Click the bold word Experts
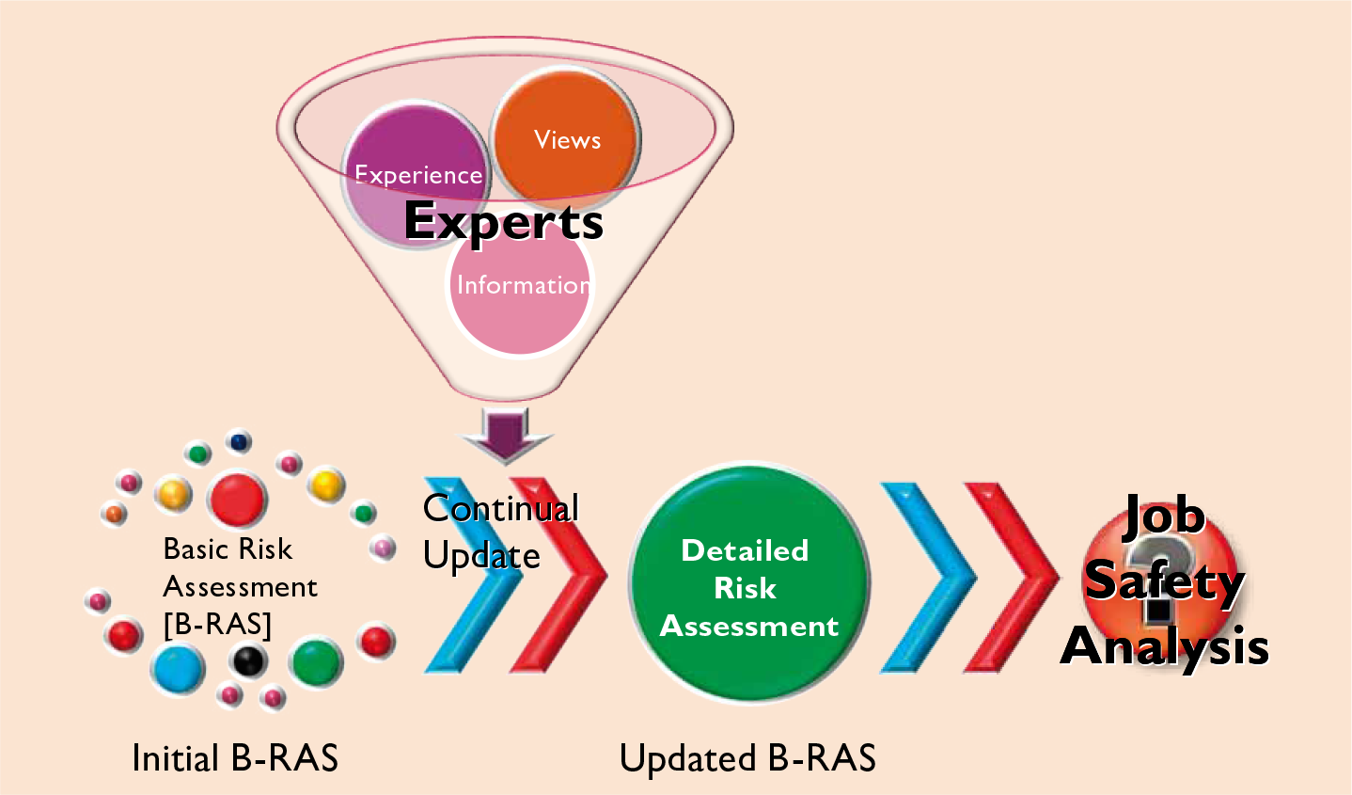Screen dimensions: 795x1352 (x=503, y=222)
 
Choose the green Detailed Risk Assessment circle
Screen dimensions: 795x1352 (x=748, y=583)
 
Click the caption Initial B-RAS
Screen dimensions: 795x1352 (x=235, y=758)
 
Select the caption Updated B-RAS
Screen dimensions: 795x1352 (x=747, y=758)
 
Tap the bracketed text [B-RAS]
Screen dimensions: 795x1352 (x=217, y=625)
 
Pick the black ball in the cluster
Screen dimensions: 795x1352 (x=248, y=660)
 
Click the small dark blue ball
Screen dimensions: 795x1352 (x=239, y=441)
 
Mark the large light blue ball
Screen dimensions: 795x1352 (x=179, y=670)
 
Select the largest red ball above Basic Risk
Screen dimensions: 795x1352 (x=237, y=499)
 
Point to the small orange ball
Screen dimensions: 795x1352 (x=115, y=514)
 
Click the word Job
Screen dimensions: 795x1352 (x=1164, y=516)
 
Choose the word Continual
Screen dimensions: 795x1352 (x=500, y=509)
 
